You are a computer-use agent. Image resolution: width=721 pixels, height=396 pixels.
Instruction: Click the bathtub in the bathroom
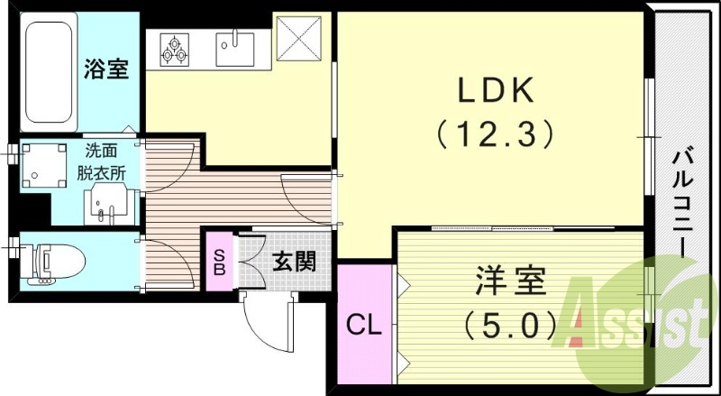coord(49,72)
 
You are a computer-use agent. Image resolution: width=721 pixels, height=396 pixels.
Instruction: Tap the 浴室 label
coord(106,69)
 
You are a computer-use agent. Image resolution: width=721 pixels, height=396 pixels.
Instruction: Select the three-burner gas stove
coord(174,50)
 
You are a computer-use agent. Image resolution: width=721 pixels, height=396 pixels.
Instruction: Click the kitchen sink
coord(235,50)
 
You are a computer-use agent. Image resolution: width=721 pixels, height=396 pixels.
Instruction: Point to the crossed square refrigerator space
coord(299,38)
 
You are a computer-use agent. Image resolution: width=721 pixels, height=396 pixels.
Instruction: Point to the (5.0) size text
coord(509,326)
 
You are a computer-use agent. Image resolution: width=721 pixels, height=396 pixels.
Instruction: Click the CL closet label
coord(364,326)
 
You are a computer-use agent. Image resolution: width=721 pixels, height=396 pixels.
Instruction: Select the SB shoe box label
coord(219,262)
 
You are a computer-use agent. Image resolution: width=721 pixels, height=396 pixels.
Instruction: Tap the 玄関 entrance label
coord(294,262)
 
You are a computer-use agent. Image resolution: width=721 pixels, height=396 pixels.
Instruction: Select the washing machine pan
coord(44,166)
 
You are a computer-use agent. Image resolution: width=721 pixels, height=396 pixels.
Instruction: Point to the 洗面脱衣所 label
coord(101,162)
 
